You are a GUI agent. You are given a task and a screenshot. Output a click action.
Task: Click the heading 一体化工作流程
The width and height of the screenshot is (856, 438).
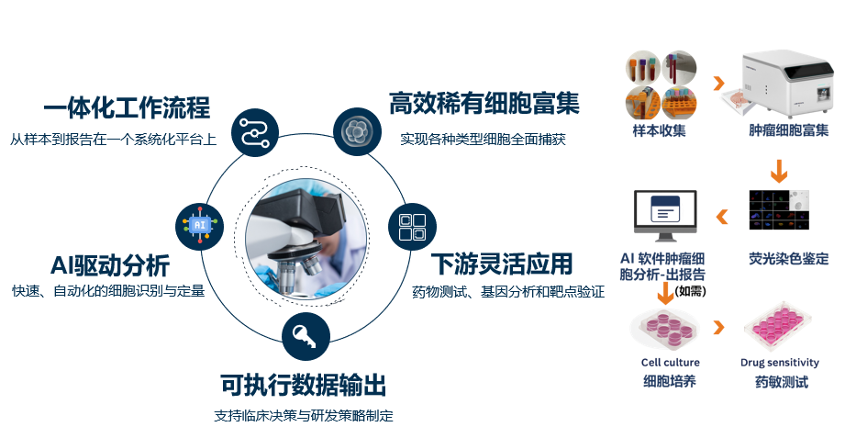127,108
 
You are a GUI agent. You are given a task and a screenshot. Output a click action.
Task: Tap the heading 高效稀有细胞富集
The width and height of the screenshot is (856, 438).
484,103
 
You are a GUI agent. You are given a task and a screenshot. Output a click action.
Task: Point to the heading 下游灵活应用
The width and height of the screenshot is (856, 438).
502,264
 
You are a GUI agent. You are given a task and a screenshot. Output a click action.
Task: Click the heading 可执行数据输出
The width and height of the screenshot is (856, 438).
303,384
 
